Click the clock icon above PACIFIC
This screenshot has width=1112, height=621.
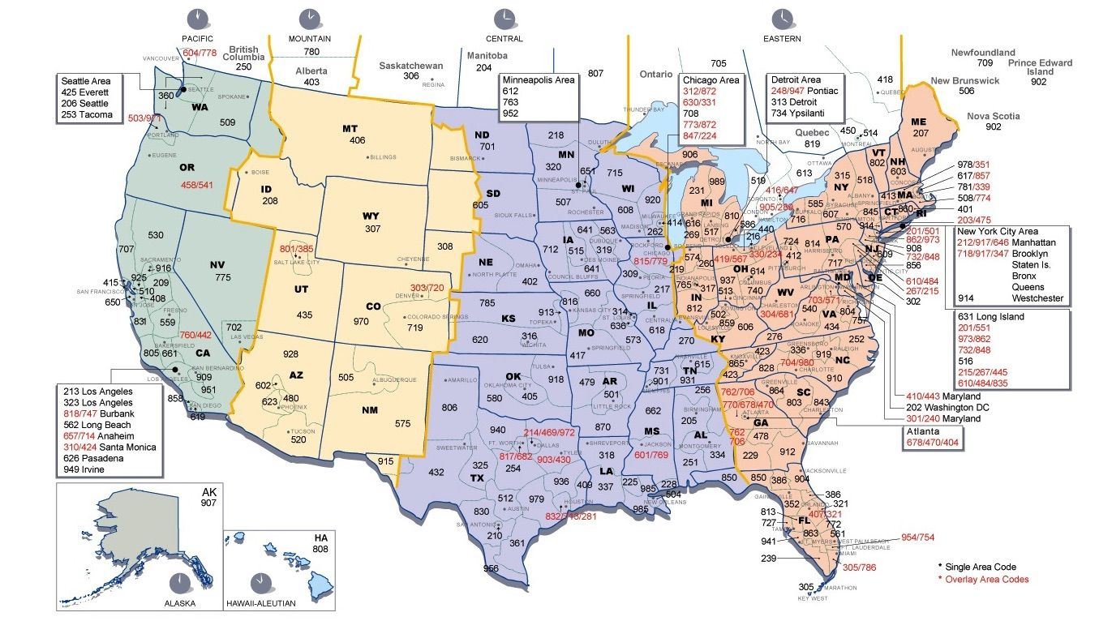(x=197, y=18)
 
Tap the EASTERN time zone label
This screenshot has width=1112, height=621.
(x=782, y=38)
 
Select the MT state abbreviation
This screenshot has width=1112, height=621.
(x=350, y=128)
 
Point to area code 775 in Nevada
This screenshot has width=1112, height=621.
(x=223, y=277)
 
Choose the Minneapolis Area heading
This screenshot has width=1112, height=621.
(x=539, y=80)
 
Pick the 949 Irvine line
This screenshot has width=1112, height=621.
(x=92, y=469)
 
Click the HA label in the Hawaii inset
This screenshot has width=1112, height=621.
(x=320, y=537)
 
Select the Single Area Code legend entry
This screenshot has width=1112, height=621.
(x=981, y=567)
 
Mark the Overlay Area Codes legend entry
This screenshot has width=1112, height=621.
(x=986, y=579)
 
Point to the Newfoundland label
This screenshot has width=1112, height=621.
(x=983, y=53)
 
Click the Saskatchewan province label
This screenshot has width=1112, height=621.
(x=411, y=65)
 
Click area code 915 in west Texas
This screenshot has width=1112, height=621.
(x=385, y=460)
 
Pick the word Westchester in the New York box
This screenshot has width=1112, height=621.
(x=1033, y=298)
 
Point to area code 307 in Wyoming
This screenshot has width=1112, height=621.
(x=372, y=229)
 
